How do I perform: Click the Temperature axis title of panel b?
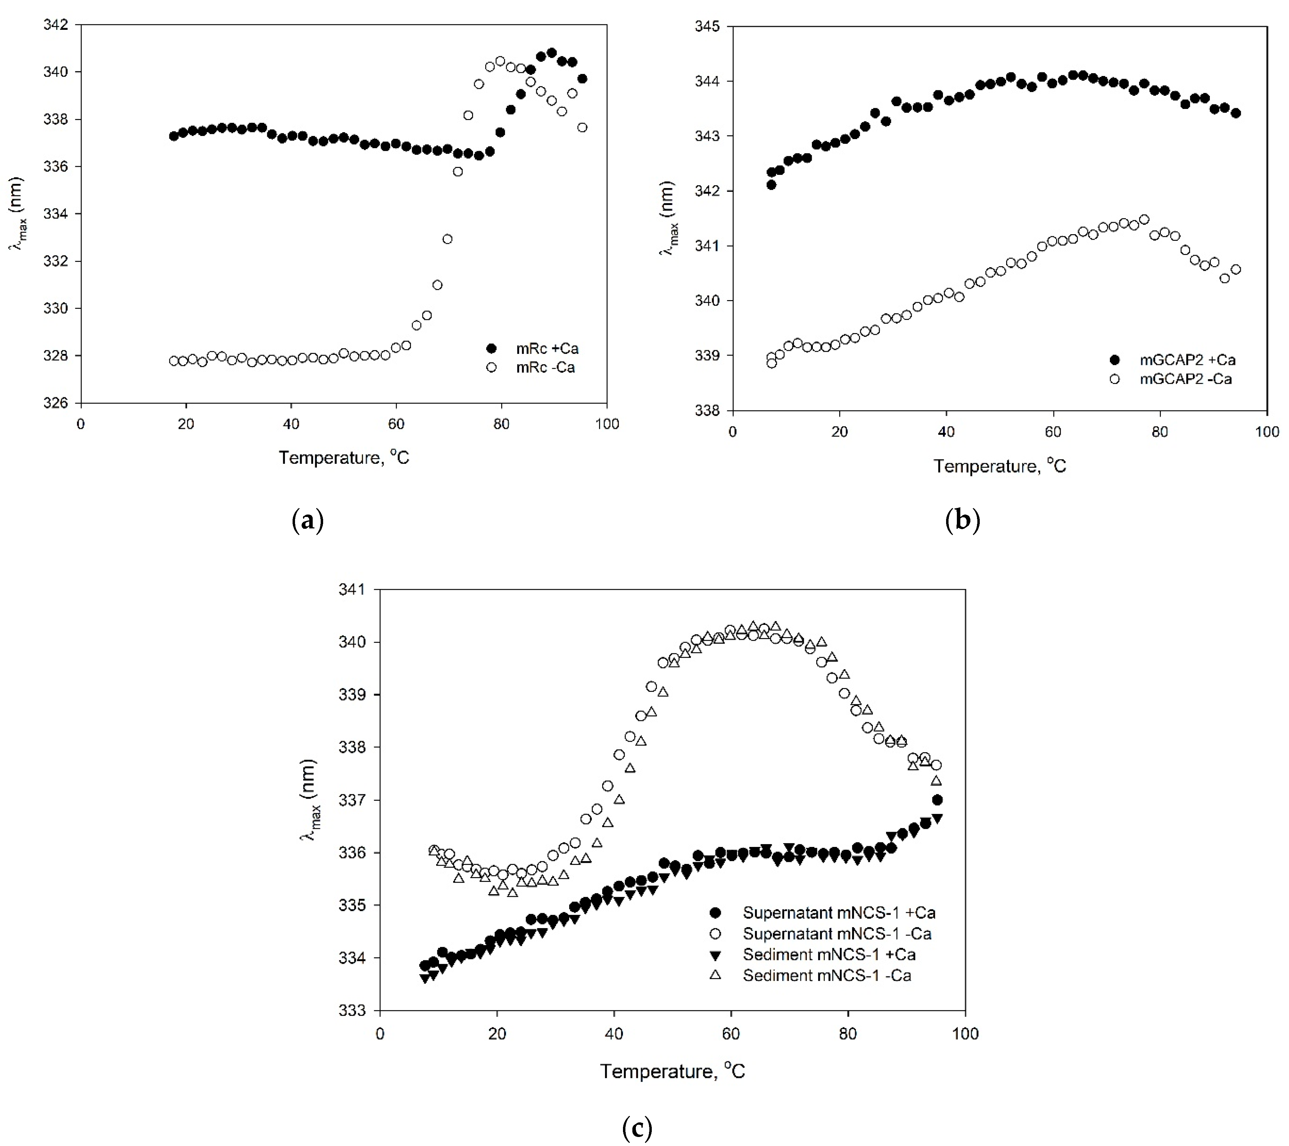1000,466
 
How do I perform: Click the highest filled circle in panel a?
551,53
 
